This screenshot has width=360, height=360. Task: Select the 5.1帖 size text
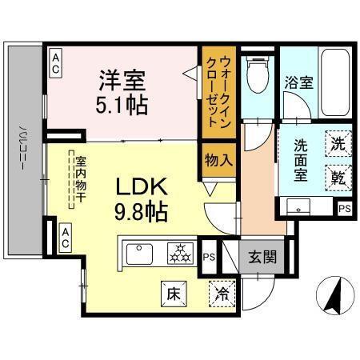[123, 104]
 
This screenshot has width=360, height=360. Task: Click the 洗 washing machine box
[338, 146]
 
